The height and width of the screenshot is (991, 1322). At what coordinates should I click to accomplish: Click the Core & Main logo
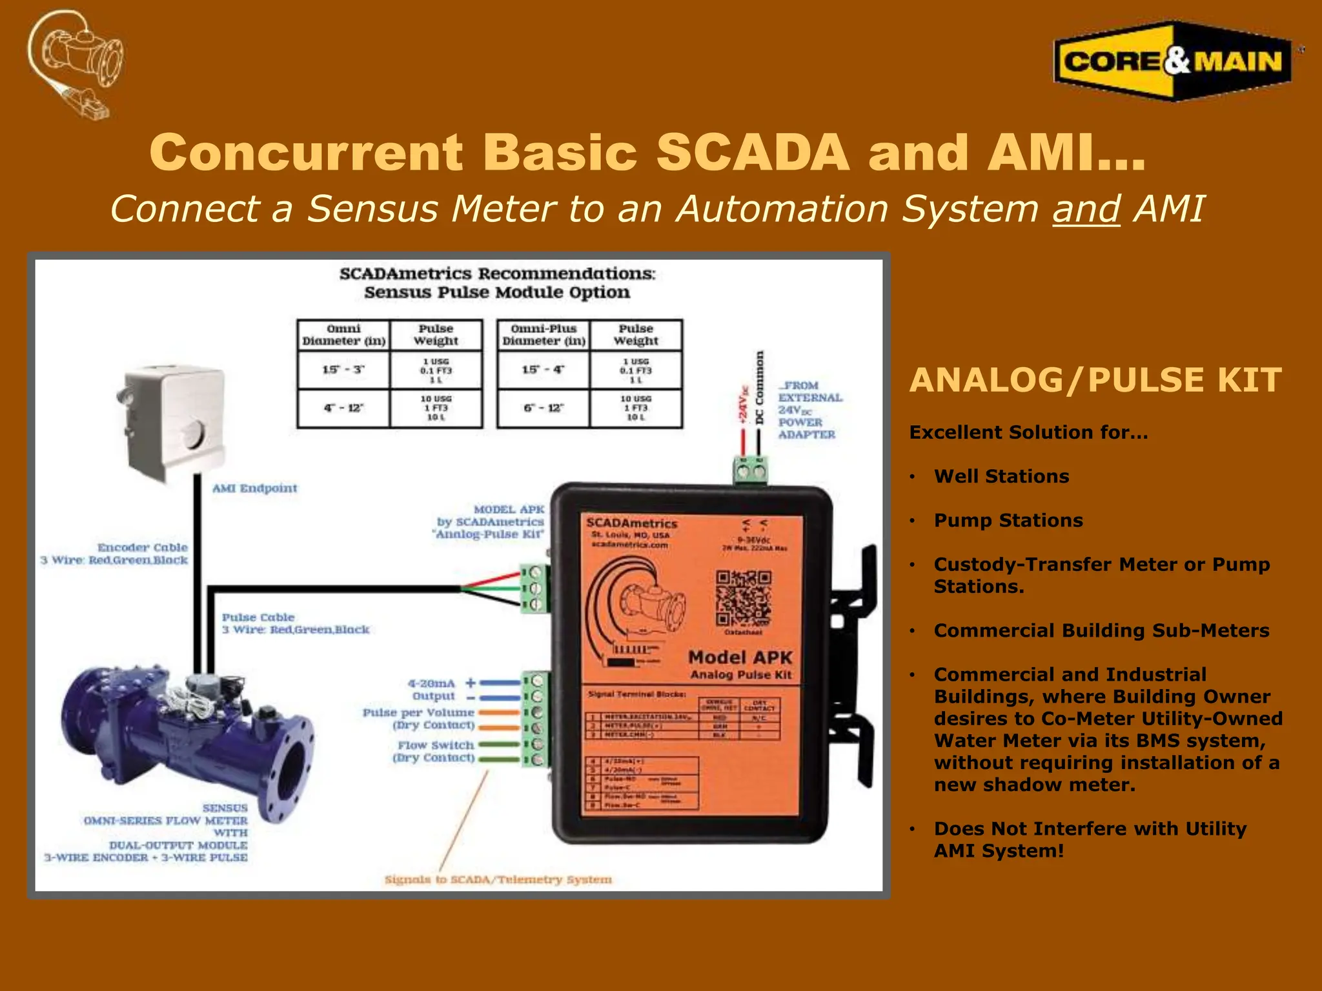[x=1172, y=61]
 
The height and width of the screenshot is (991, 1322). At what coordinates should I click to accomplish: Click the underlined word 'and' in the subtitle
[x=1086, y=210]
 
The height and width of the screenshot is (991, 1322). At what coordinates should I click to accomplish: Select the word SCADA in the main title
[x=752, y=153]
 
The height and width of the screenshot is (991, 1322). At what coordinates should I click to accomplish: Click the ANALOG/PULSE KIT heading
[x=1095, y=380]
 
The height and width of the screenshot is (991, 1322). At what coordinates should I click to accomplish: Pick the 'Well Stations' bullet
[x=1001, y=476]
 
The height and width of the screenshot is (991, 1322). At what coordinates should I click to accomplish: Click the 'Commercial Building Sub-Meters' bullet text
[x=1101, y=630]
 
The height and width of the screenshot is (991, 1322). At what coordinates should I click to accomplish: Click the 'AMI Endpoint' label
[x=255, y=488]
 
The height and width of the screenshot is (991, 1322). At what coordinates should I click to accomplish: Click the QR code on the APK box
[x=743, y=599]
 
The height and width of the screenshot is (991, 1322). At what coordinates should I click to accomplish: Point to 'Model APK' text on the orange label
[x=740, y=657]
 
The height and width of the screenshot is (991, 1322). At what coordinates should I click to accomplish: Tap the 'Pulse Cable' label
[x=258, y=617]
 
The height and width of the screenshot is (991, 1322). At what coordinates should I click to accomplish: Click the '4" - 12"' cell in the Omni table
[x=343, y=408]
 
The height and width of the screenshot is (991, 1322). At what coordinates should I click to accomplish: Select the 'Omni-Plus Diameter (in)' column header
[x=544, y=335]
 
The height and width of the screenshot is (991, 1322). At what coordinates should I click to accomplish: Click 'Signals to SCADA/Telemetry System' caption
[x=498, y=879]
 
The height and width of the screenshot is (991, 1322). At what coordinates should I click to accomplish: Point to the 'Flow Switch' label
[x=436, y=745]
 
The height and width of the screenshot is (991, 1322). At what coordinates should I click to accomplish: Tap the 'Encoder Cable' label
[x=143, y=548]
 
